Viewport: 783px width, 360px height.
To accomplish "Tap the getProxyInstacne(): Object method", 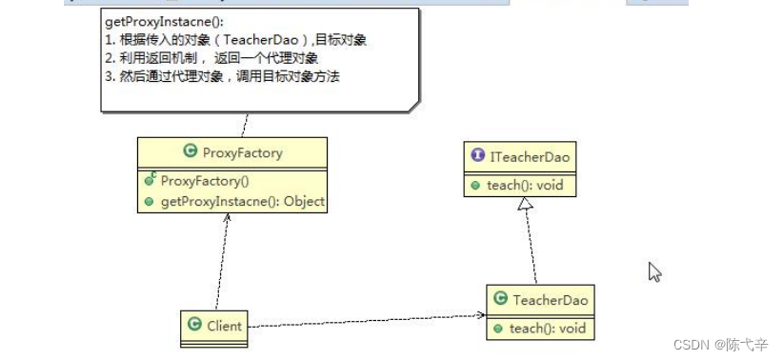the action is coord(242,201).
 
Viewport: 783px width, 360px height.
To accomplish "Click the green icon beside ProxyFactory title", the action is coord(190,152).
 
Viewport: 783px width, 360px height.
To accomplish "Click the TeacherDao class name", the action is coord(551,300).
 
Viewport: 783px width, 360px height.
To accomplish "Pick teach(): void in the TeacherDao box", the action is coord(547,328).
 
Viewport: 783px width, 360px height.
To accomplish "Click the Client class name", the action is coord(226,325).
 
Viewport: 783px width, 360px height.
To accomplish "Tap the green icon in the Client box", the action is coord(193,325).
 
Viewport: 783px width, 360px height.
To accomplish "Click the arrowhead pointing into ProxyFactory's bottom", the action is coord(227,217).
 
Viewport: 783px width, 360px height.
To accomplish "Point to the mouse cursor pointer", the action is coord(653,271).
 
